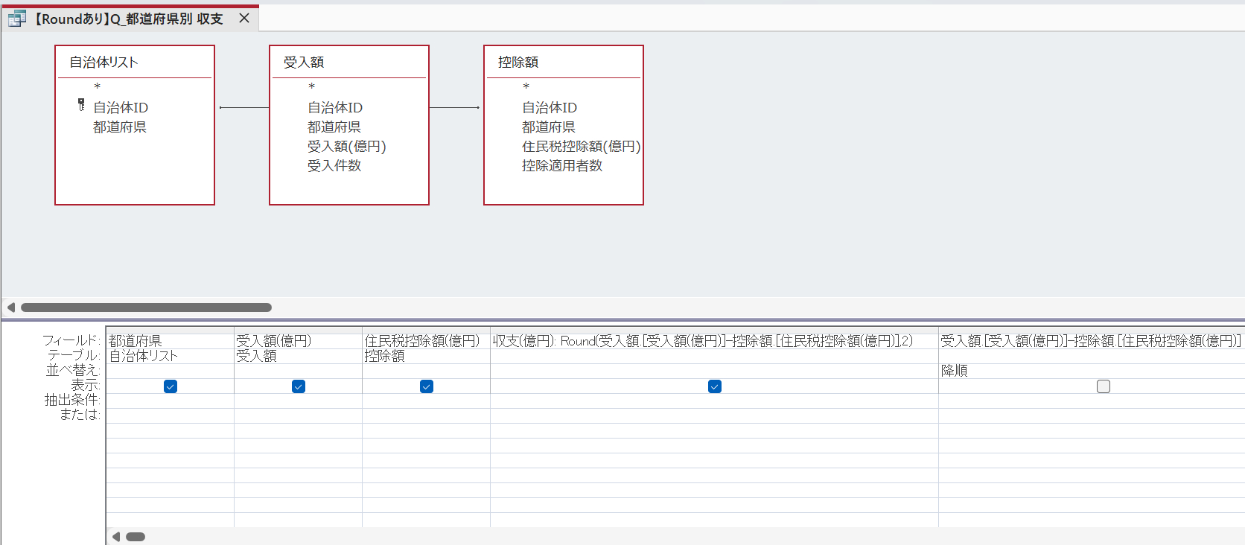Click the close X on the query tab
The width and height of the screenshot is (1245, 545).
pos(244,19)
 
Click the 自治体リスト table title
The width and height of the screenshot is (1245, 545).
pos(104,63)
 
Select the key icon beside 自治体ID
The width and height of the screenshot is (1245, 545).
pos(81,105)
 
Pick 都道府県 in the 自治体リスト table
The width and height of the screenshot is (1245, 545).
pos(119,127)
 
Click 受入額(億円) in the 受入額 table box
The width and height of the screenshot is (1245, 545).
pos(347,147)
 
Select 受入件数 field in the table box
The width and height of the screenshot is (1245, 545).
pos(334,165)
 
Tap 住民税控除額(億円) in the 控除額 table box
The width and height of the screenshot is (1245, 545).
pos(582,147)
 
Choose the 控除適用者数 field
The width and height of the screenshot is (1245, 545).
pos(562,165)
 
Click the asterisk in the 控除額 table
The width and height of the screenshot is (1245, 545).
pos(526,86)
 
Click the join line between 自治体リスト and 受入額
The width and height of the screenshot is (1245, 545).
pos(244,107)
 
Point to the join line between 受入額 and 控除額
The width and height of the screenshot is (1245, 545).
pos(454,107)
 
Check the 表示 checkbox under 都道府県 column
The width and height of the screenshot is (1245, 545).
pos(171,386)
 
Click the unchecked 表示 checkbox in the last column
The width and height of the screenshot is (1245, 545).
pos(1104,386)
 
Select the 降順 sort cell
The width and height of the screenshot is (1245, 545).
pos(955,371)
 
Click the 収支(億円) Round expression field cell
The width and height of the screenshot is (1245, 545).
pos(702,340)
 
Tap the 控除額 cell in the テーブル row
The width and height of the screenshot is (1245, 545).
pos(385,356)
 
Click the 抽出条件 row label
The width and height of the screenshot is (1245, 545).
pos(72,400)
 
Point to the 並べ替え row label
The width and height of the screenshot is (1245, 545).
pos(73,370)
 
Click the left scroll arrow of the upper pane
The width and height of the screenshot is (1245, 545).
pos(10,307)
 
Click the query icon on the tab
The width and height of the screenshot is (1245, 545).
pos(16,19)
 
